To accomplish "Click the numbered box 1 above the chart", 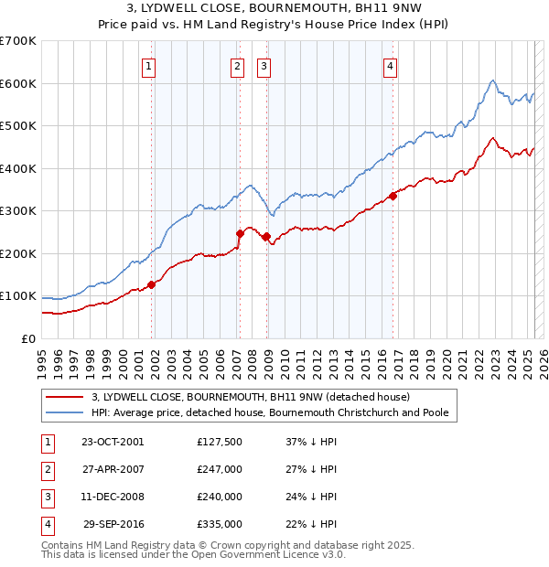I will [148, 65].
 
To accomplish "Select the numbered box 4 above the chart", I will [390, 65].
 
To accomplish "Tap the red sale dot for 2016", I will [393, 195].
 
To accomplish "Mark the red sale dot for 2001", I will [152, 283].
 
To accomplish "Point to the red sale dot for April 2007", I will [240, 233].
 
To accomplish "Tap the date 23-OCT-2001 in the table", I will [113, 442].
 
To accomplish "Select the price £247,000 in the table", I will [220, 469].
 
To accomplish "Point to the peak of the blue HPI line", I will [492, 80].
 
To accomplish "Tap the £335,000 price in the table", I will [220, 524].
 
